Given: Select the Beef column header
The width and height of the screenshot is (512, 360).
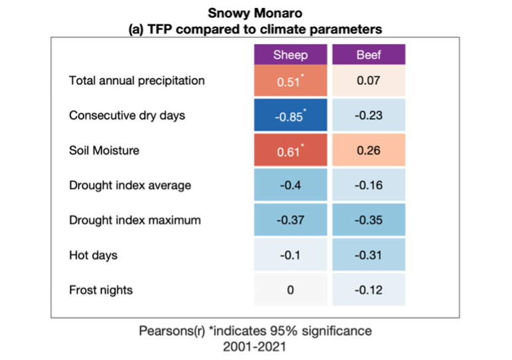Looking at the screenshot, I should click(x=369, y=54).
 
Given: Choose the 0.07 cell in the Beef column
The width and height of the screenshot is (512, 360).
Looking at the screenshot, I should click(x=369, y=82).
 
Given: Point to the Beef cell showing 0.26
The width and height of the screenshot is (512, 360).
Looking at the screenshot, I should click(x=369, y=150).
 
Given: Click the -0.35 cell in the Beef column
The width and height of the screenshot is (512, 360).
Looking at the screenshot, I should click(x=369, y=220).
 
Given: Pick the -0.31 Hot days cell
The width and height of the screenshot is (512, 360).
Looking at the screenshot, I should click(x=369, y=255).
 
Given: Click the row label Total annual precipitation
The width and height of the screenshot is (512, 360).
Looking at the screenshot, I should click(x=137, y=81).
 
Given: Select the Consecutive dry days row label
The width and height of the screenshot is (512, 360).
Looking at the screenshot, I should click(x=127, y=115).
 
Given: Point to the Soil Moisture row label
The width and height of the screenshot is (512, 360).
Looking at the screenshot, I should click(x=104, y=150).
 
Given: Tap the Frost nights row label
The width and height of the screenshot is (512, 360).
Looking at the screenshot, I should click(x=101, y=290).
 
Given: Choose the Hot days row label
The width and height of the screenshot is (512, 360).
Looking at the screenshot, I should click(x=94, y=255).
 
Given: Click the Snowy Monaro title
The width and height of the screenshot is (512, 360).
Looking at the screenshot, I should click(x=255, y=13).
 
